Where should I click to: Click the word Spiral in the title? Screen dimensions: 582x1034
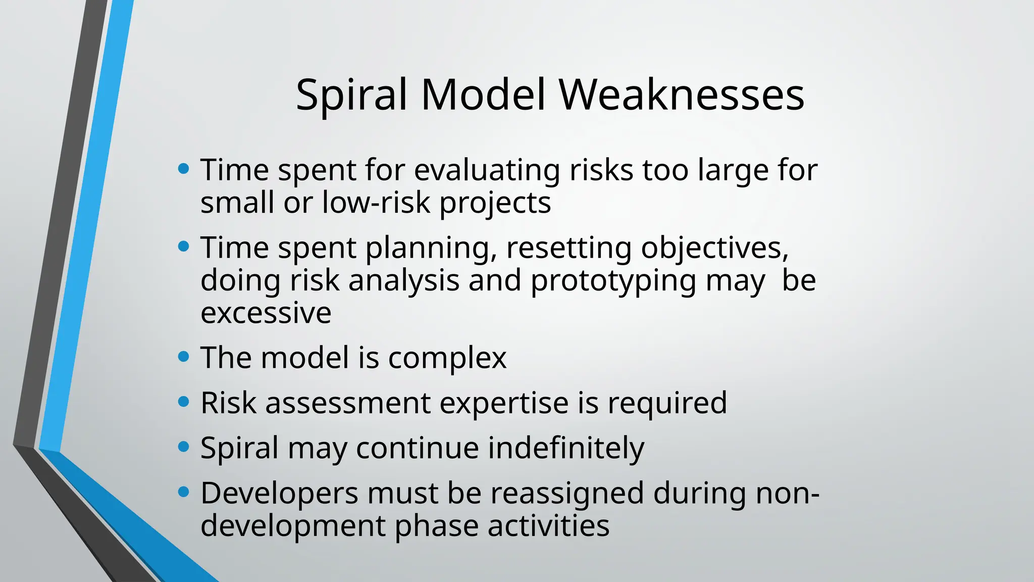pos(351,95)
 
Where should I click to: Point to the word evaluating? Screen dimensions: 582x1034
pos(487,170)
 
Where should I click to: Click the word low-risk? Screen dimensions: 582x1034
pos(376,203)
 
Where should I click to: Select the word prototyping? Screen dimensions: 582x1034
pos(613,281)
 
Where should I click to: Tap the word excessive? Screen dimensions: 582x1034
pos(266,313)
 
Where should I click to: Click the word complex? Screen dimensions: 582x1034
pos(447,358)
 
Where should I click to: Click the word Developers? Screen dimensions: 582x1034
pos(279,494)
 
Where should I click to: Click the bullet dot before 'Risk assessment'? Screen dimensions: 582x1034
pos(184,402)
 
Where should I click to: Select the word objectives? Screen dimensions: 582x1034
pos(714,249)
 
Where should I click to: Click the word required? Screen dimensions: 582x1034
pos(667,403)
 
